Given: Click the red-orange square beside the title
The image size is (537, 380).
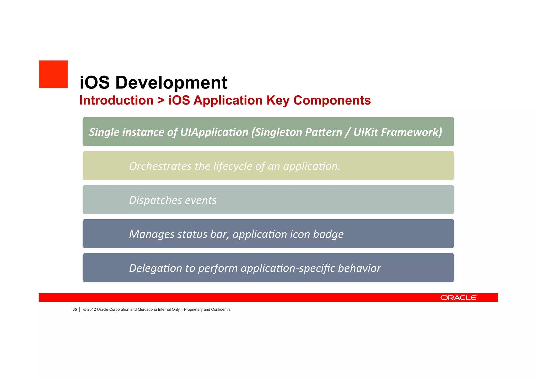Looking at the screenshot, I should click(53, 74).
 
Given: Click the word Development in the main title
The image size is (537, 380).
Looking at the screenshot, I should click(171, 83).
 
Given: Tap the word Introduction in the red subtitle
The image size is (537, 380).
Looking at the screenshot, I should click(116, 100).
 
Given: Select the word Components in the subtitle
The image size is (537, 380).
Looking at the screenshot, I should click(332, 100).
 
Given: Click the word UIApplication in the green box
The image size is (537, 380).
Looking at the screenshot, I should click(214, 132).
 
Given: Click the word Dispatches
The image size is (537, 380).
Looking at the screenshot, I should click(155, 200).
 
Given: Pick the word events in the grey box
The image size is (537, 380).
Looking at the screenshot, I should click(201, 200).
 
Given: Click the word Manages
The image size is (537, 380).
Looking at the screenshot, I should click(152, 234).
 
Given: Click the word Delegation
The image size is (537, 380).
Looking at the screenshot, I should click(155, 268).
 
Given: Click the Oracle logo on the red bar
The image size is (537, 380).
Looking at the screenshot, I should click(459, 298).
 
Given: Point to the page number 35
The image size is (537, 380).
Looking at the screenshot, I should click(75, 310).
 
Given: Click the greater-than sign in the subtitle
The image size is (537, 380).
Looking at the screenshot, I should click(161, 100).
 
